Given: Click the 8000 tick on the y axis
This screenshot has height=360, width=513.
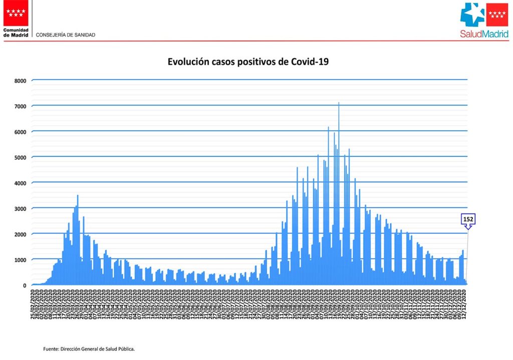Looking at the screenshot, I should click(x=20, y=80).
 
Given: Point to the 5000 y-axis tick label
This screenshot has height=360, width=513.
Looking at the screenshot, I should click(x=20, y=157).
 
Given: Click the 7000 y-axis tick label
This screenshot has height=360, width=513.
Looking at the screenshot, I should click(x=20, y=106).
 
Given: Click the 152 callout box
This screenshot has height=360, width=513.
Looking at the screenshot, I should click(x=468, y=219).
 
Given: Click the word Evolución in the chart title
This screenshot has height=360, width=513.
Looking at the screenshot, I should click(x=187, y=62).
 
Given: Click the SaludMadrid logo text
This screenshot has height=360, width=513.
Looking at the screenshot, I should click(x=484, y=34).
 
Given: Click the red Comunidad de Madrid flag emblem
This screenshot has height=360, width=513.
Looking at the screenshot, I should click(x=16, y=14).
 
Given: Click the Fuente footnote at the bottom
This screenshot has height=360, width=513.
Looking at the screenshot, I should click(x=89, y=348).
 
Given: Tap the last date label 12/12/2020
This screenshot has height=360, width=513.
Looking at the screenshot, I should click(x=465, y=304).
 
